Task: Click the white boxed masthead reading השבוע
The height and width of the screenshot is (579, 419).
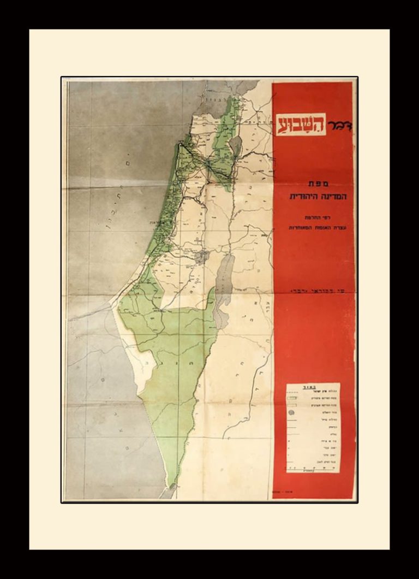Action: click(303, 123)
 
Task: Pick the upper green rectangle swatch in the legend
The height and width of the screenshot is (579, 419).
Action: click(298, 400)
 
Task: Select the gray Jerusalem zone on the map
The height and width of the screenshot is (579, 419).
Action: click(202, 256)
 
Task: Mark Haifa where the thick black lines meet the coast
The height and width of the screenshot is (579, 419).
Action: click(180, 144)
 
